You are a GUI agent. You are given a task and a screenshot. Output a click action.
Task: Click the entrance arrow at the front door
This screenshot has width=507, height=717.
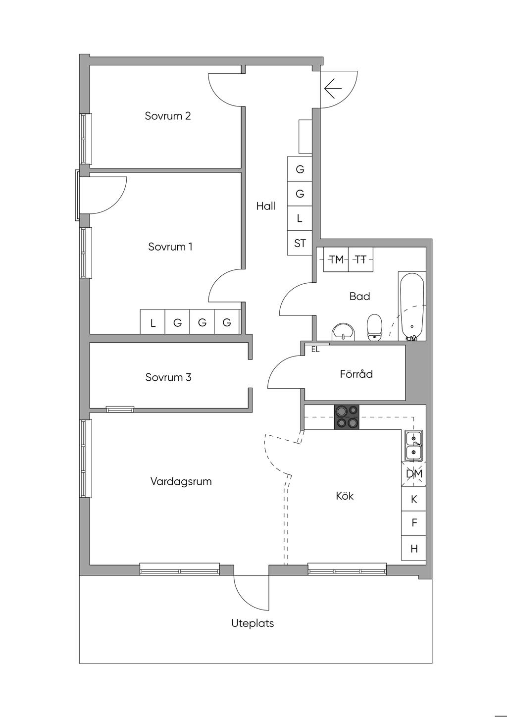click(x=333, y=89)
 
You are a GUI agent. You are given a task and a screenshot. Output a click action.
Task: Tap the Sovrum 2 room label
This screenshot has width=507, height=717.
click(x=168, y=116)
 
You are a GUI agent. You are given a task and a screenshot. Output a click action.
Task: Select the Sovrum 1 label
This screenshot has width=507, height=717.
click(x=170, y=247)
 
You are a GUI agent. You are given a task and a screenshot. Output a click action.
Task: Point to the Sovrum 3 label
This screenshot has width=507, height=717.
click(x=168, y=377)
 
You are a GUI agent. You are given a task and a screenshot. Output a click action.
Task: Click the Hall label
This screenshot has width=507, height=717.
click(x=266, y=206)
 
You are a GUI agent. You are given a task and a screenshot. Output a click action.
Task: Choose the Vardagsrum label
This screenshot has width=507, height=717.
click(x=181, y=481)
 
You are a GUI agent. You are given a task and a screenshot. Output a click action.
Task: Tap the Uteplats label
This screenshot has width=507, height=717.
click(x=253, y=623)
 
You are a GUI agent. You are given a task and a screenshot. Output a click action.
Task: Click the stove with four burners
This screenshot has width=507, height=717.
click(x=347, y=417)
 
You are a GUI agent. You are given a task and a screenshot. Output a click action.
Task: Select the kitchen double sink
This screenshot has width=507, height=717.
click(x=413, y=446)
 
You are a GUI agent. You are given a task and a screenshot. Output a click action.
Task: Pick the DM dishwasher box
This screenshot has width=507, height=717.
click(x=414, y=474)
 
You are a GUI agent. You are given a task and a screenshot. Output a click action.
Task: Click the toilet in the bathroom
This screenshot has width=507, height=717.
click(x=375, y=327)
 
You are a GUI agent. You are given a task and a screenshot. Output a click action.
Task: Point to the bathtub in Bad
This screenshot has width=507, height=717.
click(x=412, y=306)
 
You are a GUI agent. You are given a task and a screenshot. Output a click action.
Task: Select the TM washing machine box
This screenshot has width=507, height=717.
click(x=336, y=259)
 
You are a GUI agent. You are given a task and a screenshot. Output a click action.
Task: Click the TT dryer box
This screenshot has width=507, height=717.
click(x=361, y=259)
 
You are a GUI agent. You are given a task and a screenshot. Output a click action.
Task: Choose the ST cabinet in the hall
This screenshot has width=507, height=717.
click(x=300, y=243)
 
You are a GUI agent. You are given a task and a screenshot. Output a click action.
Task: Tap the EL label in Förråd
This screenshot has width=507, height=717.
click(x=315, y=349)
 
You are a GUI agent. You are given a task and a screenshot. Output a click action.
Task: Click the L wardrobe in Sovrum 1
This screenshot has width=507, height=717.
click(x=153, y=323)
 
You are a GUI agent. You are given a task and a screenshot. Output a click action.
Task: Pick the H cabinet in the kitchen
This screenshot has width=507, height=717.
click(x=414, y=549)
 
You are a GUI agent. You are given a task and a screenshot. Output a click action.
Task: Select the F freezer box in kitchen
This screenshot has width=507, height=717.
click(x=414, y=523)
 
